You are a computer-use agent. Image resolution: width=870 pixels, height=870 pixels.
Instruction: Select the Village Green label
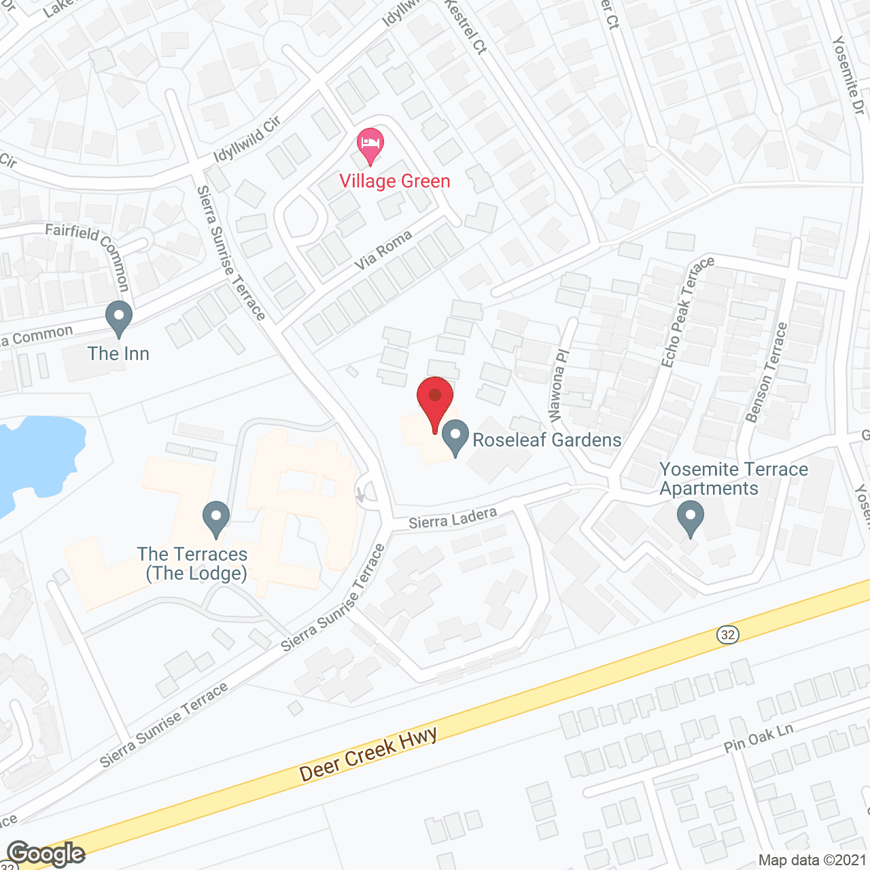point(395,181)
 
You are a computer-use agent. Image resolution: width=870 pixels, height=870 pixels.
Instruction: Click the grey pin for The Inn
point(119,319)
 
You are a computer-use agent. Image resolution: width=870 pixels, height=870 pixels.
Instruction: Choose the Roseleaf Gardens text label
point(547,440)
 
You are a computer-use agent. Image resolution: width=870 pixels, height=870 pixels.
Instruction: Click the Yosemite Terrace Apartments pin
point(691,518)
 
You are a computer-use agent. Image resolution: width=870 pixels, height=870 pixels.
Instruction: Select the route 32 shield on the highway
point(728,634)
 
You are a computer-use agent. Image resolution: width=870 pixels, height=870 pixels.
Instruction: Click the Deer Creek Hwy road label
point(368,754)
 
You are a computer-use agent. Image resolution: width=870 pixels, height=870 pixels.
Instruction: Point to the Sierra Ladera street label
point(453,519)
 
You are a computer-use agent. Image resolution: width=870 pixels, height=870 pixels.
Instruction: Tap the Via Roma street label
point(384,249)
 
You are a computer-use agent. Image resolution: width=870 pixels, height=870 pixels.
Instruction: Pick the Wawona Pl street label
point(558,385)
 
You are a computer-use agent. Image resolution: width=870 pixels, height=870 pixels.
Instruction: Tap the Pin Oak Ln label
point(759,738)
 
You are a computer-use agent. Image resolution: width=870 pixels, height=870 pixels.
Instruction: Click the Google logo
point(46,853)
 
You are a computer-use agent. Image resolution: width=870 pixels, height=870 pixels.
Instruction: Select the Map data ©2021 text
point(812,860)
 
